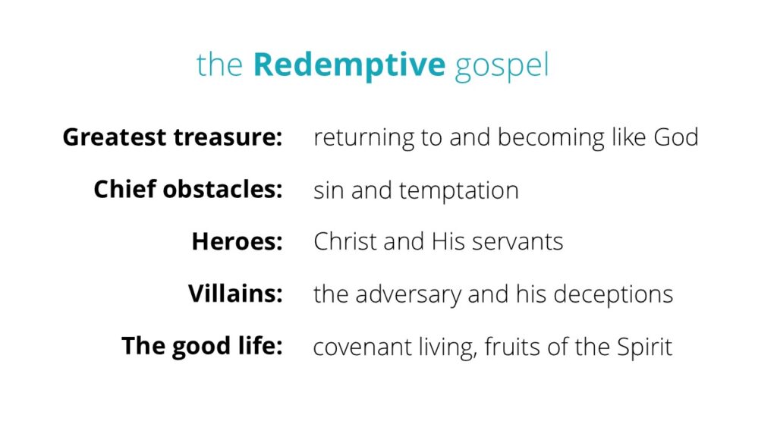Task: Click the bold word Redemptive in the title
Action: [x=349, y=66]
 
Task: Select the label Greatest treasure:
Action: [x=172, y=138]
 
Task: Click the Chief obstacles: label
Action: [x=188, y=190]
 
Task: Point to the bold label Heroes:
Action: [x=237, y=242]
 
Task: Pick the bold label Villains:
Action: [x=235, y=294]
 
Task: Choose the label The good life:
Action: [x=202, y=346]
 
